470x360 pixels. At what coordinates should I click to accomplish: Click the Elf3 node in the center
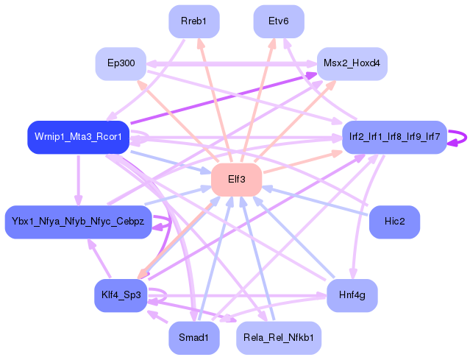pyautogui.click(x=237, y=180)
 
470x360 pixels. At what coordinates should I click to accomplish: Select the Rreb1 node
pyautogui.click(x=194, y=21)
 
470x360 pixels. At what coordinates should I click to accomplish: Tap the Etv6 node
pyautogui.click(x=279, y=21)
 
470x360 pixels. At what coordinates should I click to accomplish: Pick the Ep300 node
pyautogui.click(x=121, y=63)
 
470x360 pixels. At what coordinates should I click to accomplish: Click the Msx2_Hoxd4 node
pyautogui.click(x=352, y=63)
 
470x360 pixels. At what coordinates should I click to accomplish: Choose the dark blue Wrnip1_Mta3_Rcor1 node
pyautogui.click(x=78, y=137)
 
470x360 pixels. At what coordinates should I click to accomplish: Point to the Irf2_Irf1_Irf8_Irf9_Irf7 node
pyautogui.click(x=394, y=137)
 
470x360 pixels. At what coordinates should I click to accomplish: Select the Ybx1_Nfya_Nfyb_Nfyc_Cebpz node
pyautogui.click(x=78, y=222)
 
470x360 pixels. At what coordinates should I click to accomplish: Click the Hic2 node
pyautogui.click(x=394, y=222)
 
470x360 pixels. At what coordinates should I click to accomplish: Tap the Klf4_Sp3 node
pyautogui.click(x=121, y=295)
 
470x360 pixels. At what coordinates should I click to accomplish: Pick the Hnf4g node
pyautogui.click(x=352, y=295)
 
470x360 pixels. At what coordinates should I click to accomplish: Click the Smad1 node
pyautogui.click(x=194, y=338)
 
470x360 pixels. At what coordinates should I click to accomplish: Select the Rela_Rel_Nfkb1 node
pyautogui.click(x=279, y=338)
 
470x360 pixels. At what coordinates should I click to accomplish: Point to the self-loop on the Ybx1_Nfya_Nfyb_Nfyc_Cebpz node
pyautogui.click(x=171, y=222)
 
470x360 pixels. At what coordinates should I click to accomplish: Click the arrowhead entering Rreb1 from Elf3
pyautogui.click(x=200, y=43)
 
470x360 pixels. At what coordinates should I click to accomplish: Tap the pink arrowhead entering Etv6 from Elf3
pyautogui.click(x=273, y=43)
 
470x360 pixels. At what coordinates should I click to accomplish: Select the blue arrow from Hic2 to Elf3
pyautogui.click(x=316, y=201)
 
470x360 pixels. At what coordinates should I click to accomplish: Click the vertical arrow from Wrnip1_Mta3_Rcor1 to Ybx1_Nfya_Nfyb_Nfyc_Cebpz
pyautogui.click(x=79, y=180)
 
